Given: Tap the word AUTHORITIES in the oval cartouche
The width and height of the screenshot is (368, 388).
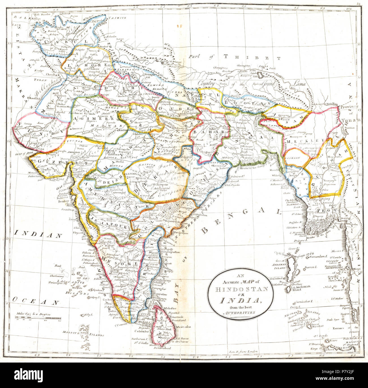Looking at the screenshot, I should [x=241, y=313].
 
